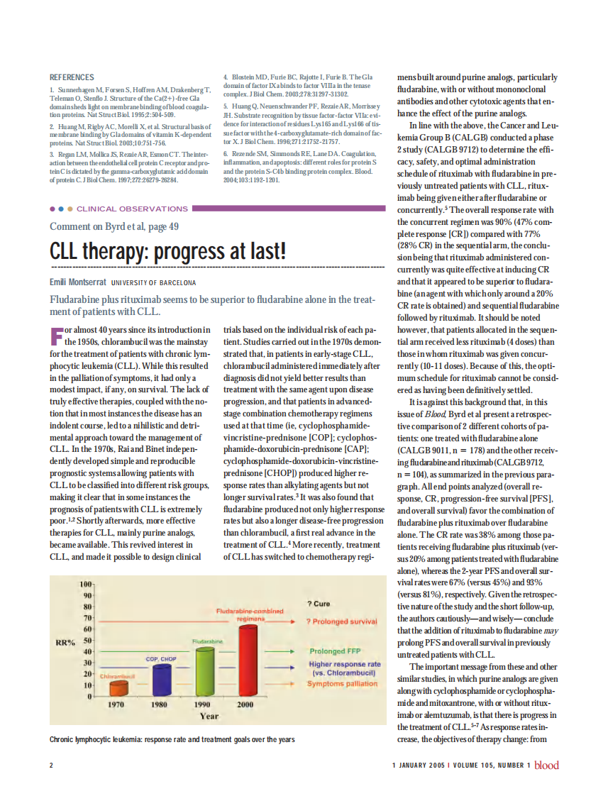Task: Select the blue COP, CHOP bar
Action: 160,679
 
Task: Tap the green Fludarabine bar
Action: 205,670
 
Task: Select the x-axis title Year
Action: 209,717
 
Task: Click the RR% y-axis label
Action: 66,643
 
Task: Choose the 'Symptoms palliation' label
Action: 342,684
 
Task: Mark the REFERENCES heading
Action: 72,77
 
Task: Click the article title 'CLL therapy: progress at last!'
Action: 167,251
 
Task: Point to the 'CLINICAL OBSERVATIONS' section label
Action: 131,209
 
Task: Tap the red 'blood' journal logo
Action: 546,765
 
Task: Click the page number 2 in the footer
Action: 51,765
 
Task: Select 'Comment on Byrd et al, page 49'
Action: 114,226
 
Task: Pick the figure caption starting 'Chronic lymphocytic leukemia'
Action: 172,739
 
